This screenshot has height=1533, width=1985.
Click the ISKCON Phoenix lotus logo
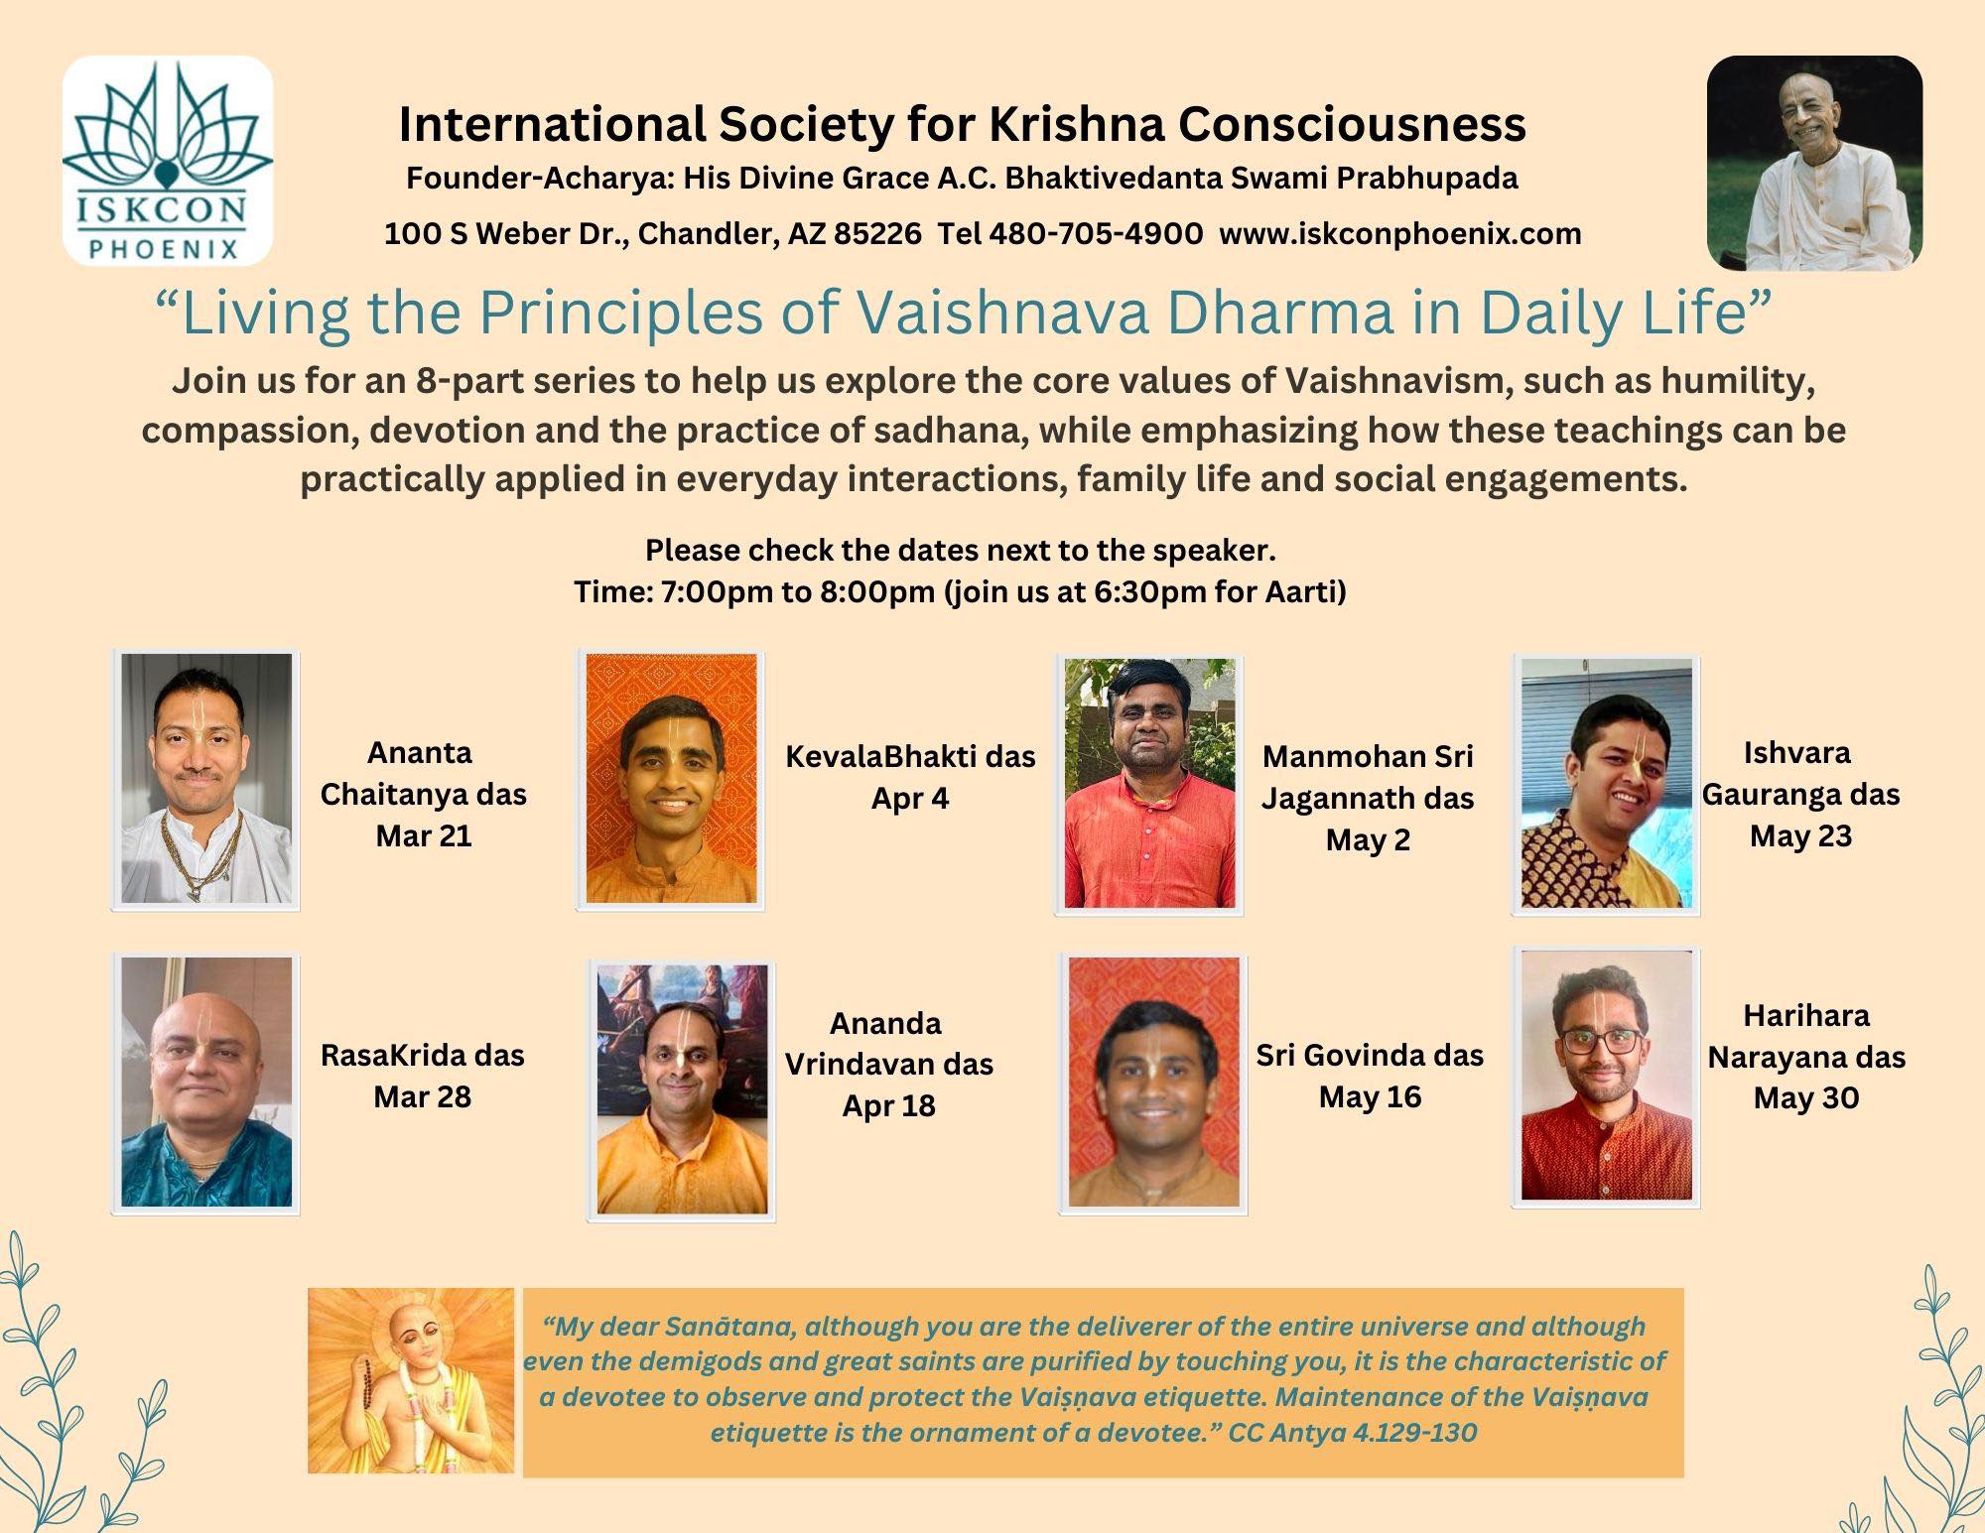pyautogui.click(x=168, y=161)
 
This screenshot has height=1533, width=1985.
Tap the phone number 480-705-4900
pyautogui.click(x=1096, y=234)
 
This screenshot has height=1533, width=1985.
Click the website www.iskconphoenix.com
pyautogui.click(x=1400, y=234)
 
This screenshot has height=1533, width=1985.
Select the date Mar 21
pyautogui.click(x=424, y=836)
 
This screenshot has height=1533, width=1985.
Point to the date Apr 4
pyautogui.click(x=910, y=799)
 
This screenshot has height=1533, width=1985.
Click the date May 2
pyautogui.click(x=1368, y=840)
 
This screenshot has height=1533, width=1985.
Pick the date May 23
pyautogui.click(x=1800, y=836)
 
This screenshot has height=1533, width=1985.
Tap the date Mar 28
pyautogui.click(x=423, y=1097)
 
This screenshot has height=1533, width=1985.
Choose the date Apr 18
pyautogui.click(x=889, y=1106)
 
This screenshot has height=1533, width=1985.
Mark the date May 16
pyautogui.click(x=1370, y=1097)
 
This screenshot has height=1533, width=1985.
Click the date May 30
pyautogui.click(x=1806, y=1098)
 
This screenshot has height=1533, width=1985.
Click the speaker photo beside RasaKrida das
pyautogui.click(x=206, y=1083)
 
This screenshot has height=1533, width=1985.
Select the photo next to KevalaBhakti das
pyautogui.click(x=671, y=779)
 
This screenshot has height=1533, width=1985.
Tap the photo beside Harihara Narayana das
pyautogui.click(x=1606, y=1077)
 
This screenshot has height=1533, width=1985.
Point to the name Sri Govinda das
pyautogui.click(x=1370, y=1055)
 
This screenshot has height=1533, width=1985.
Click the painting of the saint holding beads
pyautogui.click(x=411, y=1380)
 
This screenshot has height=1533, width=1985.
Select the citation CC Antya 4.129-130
pyautogui.click(x=1353, y=1433)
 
